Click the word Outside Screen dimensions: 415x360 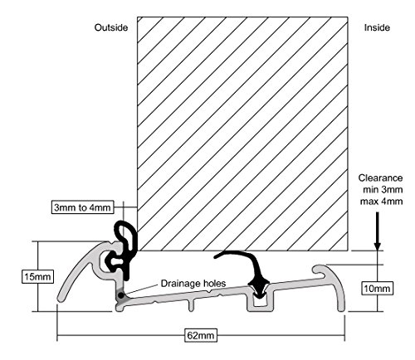pos(111,27)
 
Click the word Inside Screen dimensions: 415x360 pos(377,27)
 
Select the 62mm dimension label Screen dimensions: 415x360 pos(201,336)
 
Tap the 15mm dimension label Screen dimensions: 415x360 pos(37,276)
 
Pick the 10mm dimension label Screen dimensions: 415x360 pos(377,289)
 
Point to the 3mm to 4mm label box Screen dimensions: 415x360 pos(82,207)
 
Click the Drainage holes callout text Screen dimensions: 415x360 pos(193,284)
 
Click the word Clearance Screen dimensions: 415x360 pos(380,178)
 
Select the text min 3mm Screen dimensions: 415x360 pos(383,190)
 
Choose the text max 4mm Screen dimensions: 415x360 pos(381,202)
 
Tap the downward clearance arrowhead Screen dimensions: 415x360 pos(378,246)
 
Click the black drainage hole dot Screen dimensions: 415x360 pos(120,295)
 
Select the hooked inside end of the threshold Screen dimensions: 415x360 pos(332,285)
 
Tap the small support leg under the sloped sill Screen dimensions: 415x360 pos(191,305)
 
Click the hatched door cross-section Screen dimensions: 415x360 pos(242,134)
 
